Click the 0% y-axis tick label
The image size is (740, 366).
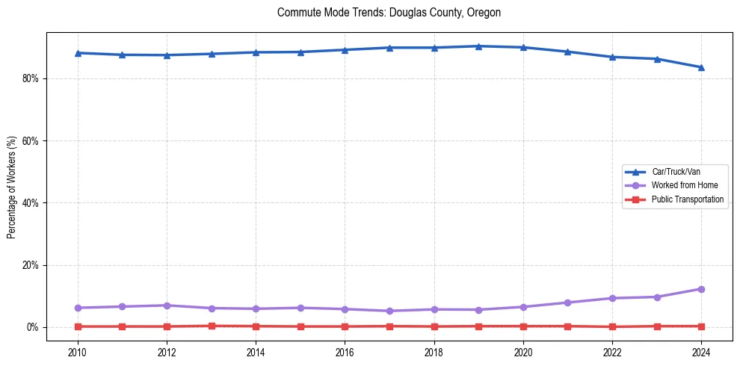32,327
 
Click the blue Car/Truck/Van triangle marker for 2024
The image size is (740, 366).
701,67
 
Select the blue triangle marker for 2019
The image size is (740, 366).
478,46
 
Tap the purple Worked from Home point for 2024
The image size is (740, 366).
701,289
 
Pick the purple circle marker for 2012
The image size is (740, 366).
167,305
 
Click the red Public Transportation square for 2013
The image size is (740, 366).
212,326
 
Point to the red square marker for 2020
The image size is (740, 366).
523,326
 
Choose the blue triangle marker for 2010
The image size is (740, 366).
78,53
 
